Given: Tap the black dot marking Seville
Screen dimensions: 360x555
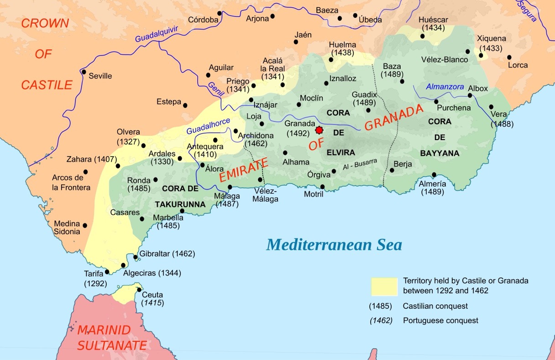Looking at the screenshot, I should tap(84, 72).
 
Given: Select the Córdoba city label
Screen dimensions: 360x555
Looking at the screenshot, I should tap(203, 20).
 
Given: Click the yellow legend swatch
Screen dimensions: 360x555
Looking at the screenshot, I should tap(384, 286).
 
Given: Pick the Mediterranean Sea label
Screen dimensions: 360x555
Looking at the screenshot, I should tap(334, 245).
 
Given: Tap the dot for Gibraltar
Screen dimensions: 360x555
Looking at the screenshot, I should tap(136, 257).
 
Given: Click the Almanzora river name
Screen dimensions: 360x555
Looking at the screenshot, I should tap(445, 87).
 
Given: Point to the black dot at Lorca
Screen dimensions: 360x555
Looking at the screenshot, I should tap(509, 57).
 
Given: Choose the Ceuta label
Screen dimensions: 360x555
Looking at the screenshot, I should tap(152, 295).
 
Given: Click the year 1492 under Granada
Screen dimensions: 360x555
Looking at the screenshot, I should tap(298, 133).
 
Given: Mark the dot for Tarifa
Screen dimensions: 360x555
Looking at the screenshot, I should tap(107, 271).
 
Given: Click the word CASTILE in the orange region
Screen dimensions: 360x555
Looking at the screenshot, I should tap(47, 85).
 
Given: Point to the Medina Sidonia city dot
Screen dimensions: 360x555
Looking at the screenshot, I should tap(85, 225).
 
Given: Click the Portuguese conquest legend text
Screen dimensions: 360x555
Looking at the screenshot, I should tap(440, 320).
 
